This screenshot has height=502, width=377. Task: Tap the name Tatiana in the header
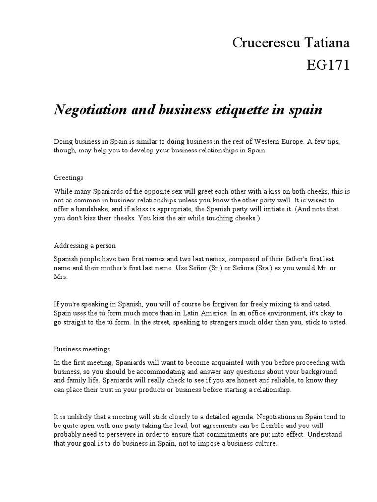coord(326,43)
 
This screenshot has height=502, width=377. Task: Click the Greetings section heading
coord(68,177)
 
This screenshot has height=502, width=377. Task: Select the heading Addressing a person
coord(84,245)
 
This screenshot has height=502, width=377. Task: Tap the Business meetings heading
coord(81,349)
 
